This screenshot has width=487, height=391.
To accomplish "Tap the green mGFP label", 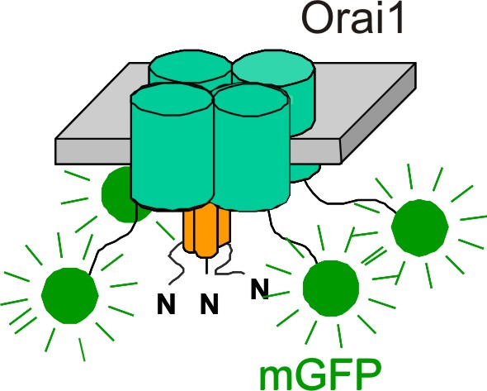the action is [320, 374].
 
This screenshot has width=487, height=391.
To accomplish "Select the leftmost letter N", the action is [166, 303].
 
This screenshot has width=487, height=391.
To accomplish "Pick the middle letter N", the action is [209, 303].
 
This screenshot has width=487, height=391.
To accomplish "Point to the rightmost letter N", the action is [260, 288].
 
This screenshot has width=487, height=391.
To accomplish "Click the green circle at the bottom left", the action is [70, 296].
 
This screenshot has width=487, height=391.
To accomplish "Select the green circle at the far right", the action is [419, 228].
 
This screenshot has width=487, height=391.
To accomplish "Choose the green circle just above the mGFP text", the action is [331, 288].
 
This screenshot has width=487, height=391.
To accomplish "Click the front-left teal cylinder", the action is [172, 146].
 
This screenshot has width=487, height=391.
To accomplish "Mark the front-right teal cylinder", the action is [252, 148].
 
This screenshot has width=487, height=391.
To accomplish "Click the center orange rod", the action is [206, 231].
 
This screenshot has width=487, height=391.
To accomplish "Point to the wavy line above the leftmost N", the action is [176, 263].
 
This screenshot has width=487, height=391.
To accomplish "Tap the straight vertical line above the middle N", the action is [206, 266].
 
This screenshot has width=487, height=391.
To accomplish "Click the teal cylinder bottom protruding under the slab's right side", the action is [305, 172].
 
